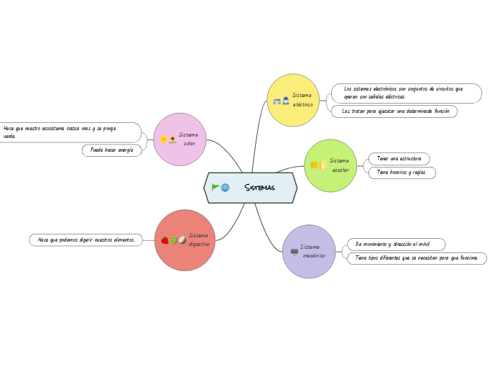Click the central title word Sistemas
click(259, 188)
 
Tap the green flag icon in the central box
click(216, 188)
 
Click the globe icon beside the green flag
click(226, 188)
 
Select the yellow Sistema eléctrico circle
click(293, 100)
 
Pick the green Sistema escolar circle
click(330, 165)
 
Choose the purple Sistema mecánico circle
click(309, 251)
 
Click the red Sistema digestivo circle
click(185, 240)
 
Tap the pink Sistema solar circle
click(180, 139)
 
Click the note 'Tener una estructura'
click(399, 158)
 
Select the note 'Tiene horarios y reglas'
click(402, 173)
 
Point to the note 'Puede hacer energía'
click(111, 150)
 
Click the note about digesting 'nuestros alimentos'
click(86, 240)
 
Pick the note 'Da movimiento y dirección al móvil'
click(396, 245)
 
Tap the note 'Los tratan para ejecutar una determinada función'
click(395, 111)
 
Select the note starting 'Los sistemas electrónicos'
click(406, 93)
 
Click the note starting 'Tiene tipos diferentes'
click(417, 257)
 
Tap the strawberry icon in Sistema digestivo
click(165, 240)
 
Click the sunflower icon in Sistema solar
click(172, 140)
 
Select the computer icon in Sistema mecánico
click(294, 252)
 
